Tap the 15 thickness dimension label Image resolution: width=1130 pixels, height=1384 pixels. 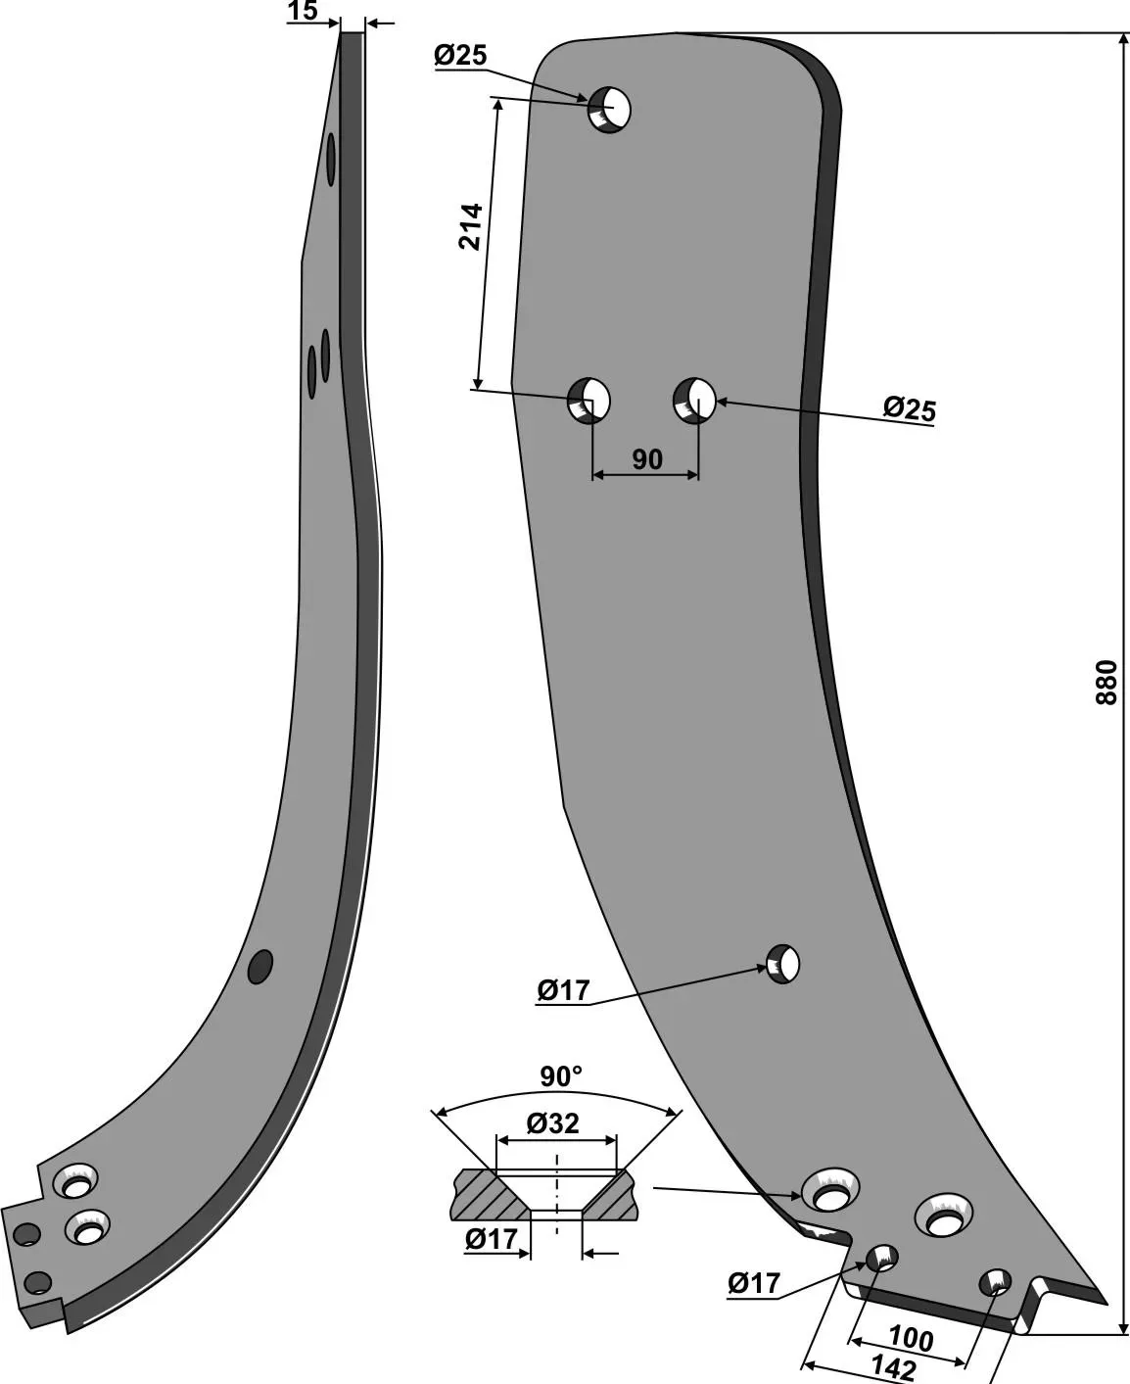pos(303,11)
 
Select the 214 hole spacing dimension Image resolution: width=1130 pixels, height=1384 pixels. pos(470,226)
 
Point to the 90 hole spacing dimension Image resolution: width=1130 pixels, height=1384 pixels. pos(647,459)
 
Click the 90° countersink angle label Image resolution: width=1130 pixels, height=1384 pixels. pos(561,1076)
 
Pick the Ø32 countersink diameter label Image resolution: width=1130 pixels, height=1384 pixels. pos(552,1124)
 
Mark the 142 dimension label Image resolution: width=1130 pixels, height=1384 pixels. pos(893,1367)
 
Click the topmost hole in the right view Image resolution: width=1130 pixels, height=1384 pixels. pos(609,110)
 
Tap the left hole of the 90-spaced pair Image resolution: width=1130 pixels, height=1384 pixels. pos(589,401)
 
